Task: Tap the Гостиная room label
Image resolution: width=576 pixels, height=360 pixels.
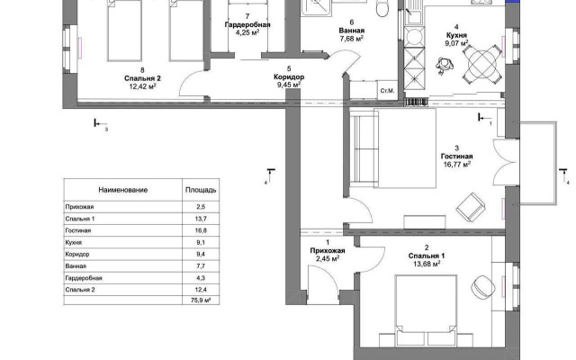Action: pos(457,157)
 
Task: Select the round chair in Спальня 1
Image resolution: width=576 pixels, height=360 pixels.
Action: pos(483,284)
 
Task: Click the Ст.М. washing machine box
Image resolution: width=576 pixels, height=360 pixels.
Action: pos(389,90)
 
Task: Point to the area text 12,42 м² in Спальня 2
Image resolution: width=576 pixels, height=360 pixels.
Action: pos(140,86)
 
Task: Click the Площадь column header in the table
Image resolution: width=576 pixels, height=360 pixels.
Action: pos(200,192)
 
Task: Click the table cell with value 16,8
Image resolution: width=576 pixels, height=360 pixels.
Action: pos(200,230)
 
